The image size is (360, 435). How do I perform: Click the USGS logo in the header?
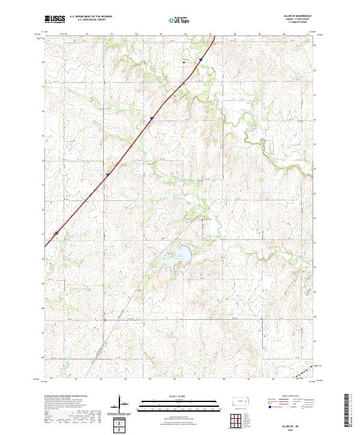tap(55, 20)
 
